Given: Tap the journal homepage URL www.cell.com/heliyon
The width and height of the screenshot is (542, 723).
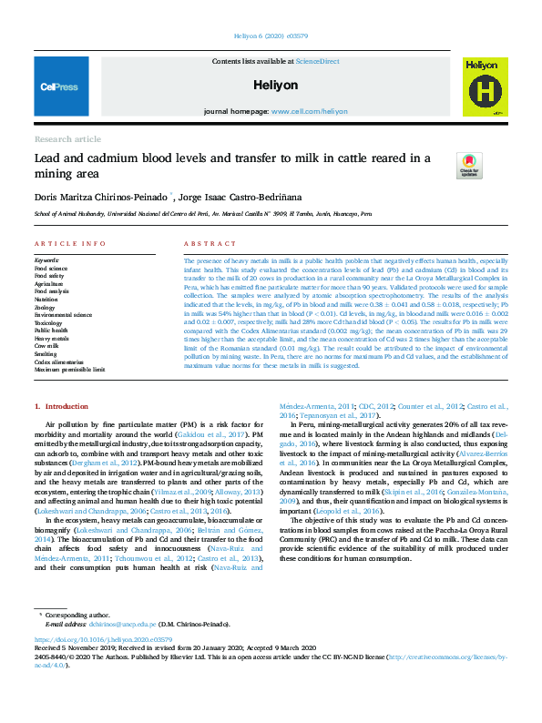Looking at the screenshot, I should tap(309, 110).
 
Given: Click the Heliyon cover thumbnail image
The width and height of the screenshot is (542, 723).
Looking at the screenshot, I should tap(485, 87).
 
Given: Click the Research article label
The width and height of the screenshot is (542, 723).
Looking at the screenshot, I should tap(67, 138).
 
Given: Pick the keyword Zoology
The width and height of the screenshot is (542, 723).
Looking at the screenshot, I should tap(45, 307).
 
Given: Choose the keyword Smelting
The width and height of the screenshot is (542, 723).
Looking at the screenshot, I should tap(46, 355).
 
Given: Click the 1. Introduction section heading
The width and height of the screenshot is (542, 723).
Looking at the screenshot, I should tap(62, 405).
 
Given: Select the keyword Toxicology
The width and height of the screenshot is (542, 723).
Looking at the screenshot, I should tap(48, 321).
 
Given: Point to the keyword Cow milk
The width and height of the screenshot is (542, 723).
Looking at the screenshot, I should tap(46, 348).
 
